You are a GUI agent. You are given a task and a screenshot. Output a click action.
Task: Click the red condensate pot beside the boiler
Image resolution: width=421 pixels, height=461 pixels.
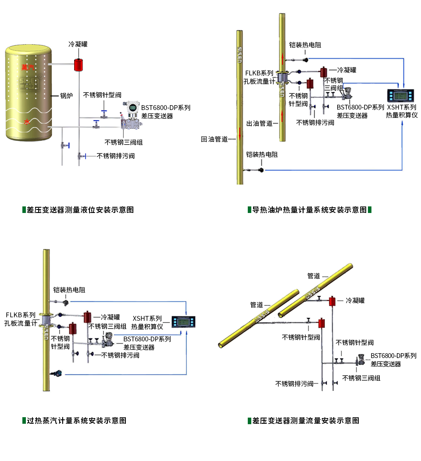tap(79, 64)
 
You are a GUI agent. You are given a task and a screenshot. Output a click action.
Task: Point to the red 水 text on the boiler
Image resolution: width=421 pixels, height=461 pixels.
tap(27, 122)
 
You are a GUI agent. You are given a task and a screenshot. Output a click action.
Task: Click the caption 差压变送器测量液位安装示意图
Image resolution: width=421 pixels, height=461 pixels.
tap(80, 209)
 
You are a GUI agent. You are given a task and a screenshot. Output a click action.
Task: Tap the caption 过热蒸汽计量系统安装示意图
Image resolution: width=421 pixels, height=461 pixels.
tap(77, 421)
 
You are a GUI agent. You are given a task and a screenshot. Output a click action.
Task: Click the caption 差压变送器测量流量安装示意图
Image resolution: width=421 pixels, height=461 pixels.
tap(306, 421)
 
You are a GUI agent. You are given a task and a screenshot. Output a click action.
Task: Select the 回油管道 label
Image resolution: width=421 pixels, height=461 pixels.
tap(214, 139)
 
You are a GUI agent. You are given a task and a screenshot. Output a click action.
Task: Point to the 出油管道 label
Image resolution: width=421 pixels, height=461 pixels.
tap(260, 124)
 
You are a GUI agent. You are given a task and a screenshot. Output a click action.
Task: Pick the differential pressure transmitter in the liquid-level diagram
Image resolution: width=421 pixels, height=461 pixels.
tap(130, 117)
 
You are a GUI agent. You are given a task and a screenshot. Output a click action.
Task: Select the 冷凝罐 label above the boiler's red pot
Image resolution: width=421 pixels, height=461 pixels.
tap(78, 44)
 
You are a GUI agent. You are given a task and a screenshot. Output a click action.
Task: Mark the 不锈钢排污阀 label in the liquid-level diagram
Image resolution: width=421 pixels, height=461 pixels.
tap(115, 156)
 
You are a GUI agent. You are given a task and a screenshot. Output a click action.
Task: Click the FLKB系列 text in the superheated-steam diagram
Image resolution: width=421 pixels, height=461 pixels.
tap(21, 315)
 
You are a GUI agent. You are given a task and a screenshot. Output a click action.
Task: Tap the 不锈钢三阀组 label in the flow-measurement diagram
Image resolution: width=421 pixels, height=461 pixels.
tap(361, 378)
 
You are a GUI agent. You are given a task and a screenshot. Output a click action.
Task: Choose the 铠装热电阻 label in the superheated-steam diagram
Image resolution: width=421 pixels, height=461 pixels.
tap(69, 290)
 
